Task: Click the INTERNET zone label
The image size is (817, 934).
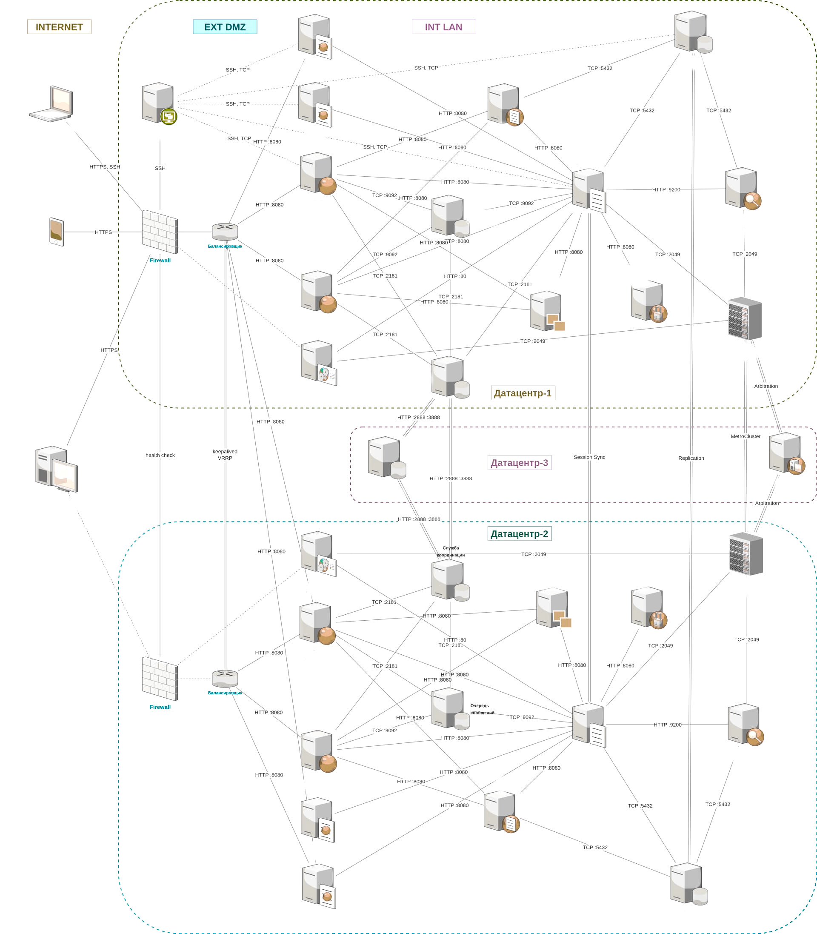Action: [x=59, y=27]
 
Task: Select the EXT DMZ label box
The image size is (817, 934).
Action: [x=225, y=27]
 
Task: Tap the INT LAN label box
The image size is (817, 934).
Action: [x=443, y=27]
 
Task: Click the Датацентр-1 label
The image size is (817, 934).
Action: [x=523, y=393]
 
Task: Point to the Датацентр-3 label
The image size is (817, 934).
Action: [x=519, y=463]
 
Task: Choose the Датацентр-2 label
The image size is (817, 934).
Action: [x=519, y=533]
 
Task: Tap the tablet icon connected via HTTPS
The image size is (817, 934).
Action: [x=57, y=232]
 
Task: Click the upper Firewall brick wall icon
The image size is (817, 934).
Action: [x=160, y=232]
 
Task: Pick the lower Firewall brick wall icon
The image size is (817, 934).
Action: [x=160, y=679]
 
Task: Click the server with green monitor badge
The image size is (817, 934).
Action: [x=159, y=103]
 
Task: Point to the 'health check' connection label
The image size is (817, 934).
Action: [x=160, y=455]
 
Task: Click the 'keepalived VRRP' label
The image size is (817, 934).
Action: [x=225, y=455]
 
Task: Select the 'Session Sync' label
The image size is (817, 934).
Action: [x=589, y=457]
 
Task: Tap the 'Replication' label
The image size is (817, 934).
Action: [x=691, y=458]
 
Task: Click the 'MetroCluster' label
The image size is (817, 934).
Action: [x=746, y=436]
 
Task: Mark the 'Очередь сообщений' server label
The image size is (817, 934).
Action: [x=482, y=709]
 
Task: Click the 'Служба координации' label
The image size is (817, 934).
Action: [x=451, y=551]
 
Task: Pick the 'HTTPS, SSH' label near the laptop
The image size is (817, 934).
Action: [x=104, y=167]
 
